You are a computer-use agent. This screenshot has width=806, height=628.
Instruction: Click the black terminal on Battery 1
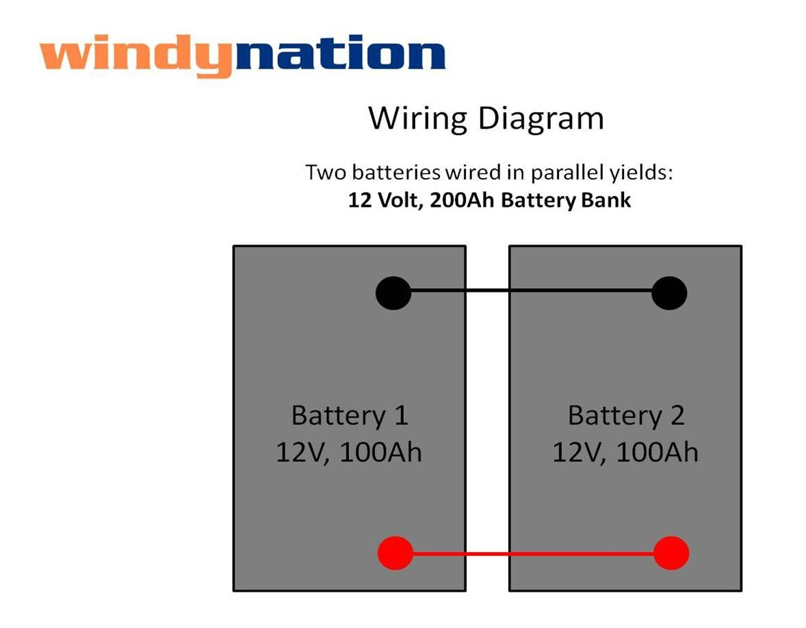[x=393, y=293]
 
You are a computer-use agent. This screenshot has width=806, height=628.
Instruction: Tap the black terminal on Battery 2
[x=669, y=293]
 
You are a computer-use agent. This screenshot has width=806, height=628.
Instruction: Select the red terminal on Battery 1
[x=395, y=553]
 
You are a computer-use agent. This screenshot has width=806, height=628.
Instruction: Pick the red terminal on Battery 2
[x=671, y=553]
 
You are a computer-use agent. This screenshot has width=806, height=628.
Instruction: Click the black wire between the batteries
[x=530, y=290]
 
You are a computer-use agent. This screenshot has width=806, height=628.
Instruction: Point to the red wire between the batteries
[x=530, y=553]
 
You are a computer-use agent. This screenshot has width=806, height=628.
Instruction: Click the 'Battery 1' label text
[x=349, y=416]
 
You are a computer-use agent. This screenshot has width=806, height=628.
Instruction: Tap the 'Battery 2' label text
[x=625, y=416]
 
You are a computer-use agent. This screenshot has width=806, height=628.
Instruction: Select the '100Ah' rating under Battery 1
[x=380, y=453]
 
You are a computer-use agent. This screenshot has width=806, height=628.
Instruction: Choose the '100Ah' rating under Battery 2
[x=657, y=453]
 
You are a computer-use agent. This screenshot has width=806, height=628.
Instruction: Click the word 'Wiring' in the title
[x=417, y=119]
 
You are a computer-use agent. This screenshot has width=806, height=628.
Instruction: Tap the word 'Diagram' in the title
[x=541, y=119]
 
